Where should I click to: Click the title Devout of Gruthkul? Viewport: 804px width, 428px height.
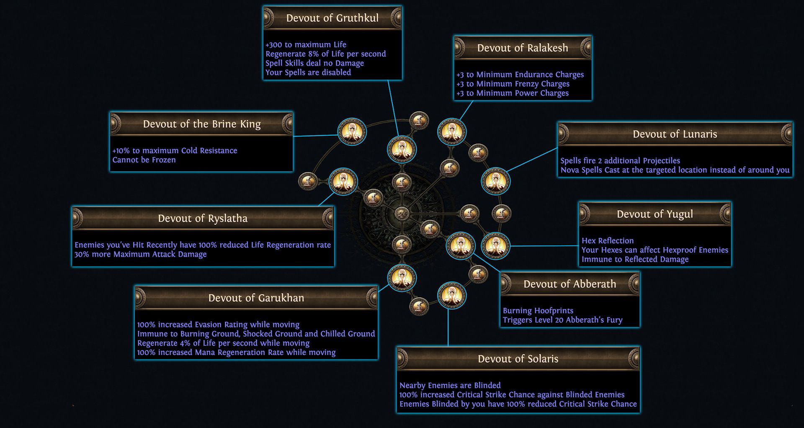(332, 18)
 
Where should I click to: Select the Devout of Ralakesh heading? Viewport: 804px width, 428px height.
(523, 48)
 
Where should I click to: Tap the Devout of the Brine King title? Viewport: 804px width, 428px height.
(201, 124)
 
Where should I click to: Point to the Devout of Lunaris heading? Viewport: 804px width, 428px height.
(675, 134)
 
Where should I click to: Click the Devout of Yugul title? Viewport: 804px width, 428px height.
(655, 214)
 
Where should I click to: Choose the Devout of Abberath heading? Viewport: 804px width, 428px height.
(569, 284)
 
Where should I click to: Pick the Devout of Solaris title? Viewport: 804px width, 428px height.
(518, 359)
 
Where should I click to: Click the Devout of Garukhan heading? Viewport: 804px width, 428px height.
(256, 298)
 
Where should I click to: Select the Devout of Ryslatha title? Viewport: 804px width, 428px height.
(203, 219)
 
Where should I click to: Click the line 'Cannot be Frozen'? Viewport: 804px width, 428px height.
(144, 160)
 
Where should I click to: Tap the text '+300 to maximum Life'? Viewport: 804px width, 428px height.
(306, 45)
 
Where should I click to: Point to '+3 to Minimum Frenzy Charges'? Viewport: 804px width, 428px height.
(513, 84)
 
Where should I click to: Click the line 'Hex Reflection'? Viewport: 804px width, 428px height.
(607, 241)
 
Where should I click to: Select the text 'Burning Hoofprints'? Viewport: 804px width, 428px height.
(538, 311)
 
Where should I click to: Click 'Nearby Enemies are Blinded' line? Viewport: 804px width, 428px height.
(450, 385)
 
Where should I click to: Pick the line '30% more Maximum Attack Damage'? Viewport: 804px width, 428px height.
(140, 254)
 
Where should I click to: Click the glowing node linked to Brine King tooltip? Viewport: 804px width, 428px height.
(352, 132)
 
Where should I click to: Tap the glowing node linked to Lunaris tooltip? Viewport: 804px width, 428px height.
(495, 181)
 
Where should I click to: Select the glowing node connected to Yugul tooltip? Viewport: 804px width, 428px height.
(495, 246)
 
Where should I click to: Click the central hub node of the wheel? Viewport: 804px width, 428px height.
(402, 214)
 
